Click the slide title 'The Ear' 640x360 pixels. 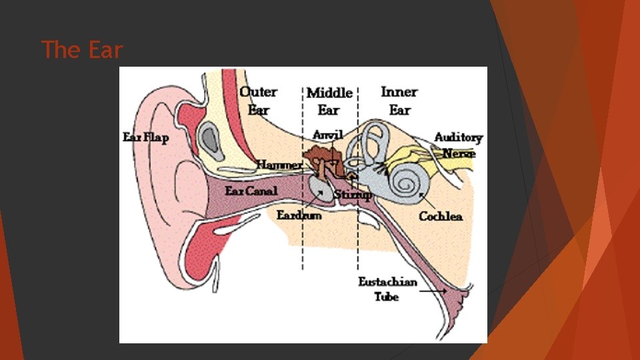(x=82, y=49)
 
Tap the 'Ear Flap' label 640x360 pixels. (x=146, y=137)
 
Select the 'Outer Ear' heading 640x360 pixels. (x=258, y=100)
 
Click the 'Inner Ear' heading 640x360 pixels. (x=399, y=100)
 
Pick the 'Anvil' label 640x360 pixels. (x=327, y=135)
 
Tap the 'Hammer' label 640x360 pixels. (x=279, y=164)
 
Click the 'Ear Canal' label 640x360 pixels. (x=251, y=191)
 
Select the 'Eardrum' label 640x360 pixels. (x=299, y=215)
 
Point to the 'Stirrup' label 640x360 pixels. (x=353, y=195)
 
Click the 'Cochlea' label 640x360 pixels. (x=441, y=216)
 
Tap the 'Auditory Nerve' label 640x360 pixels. (x=458, y=145)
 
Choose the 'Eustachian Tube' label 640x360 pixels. (x=387, y=289)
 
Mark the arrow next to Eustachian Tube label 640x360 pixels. (x=433, y=291)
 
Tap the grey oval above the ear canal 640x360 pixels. (x=211, y=137)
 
